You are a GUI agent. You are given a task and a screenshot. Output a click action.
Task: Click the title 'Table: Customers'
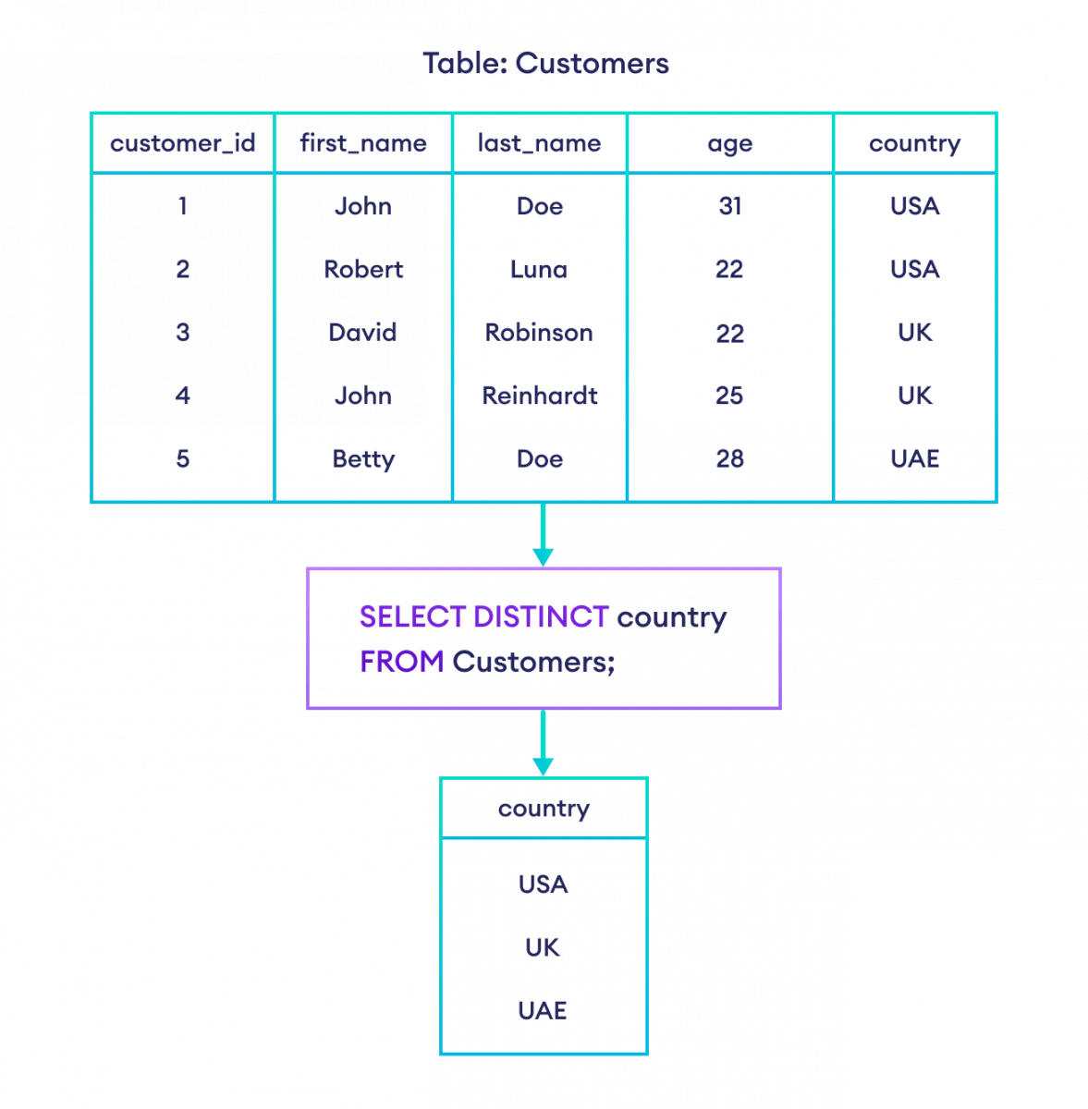(545, 64)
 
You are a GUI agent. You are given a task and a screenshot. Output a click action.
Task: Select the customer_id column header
(182, 143)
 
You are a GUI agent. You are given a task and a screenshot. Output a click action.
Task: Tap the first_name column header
(363, 143)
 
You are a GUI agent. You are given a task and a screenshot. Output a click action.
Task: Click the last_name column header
(539, 143)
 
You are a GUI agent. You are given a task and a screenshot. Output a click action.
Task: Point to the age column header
(729, 144)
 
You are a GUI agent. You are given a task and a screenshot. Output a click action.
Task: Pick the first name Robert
(363, 269)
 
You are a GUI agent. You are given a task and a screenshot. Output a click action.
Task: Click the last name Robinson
(539, 332)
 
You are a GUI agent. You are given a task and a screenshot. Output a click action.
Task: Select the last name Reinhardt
(539, 396)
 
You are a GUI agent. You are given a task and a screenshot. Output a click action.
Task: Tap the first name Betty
(363, 458)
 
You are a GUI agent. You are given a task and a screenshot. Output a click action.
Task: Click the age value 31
(729, 206)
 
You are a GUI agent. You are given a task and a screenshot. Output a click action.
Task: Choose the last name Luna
(539, 269)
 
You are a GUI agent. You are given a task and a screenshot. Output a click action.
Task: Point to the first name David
(363, 332)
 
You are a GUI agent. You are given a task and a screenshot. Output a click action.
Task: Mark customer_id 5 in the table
(182, 458)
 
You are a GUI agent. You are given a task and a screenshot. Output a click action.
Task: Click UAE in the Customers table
(914, 458)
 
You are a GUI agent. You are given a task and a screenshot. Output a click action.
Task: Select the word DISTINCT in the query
(541, 616)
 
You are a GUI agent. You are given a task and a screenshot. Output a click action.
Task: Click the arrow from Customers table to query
(543, 535)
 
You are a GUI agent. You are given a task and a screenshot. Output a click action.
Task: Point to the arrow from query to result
(543, 743)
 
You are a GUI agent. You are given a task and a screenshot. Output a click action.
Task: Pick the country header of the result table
(543, 809)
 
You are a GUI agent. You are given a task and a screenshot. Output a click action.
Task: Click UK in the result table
(543, 947)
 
